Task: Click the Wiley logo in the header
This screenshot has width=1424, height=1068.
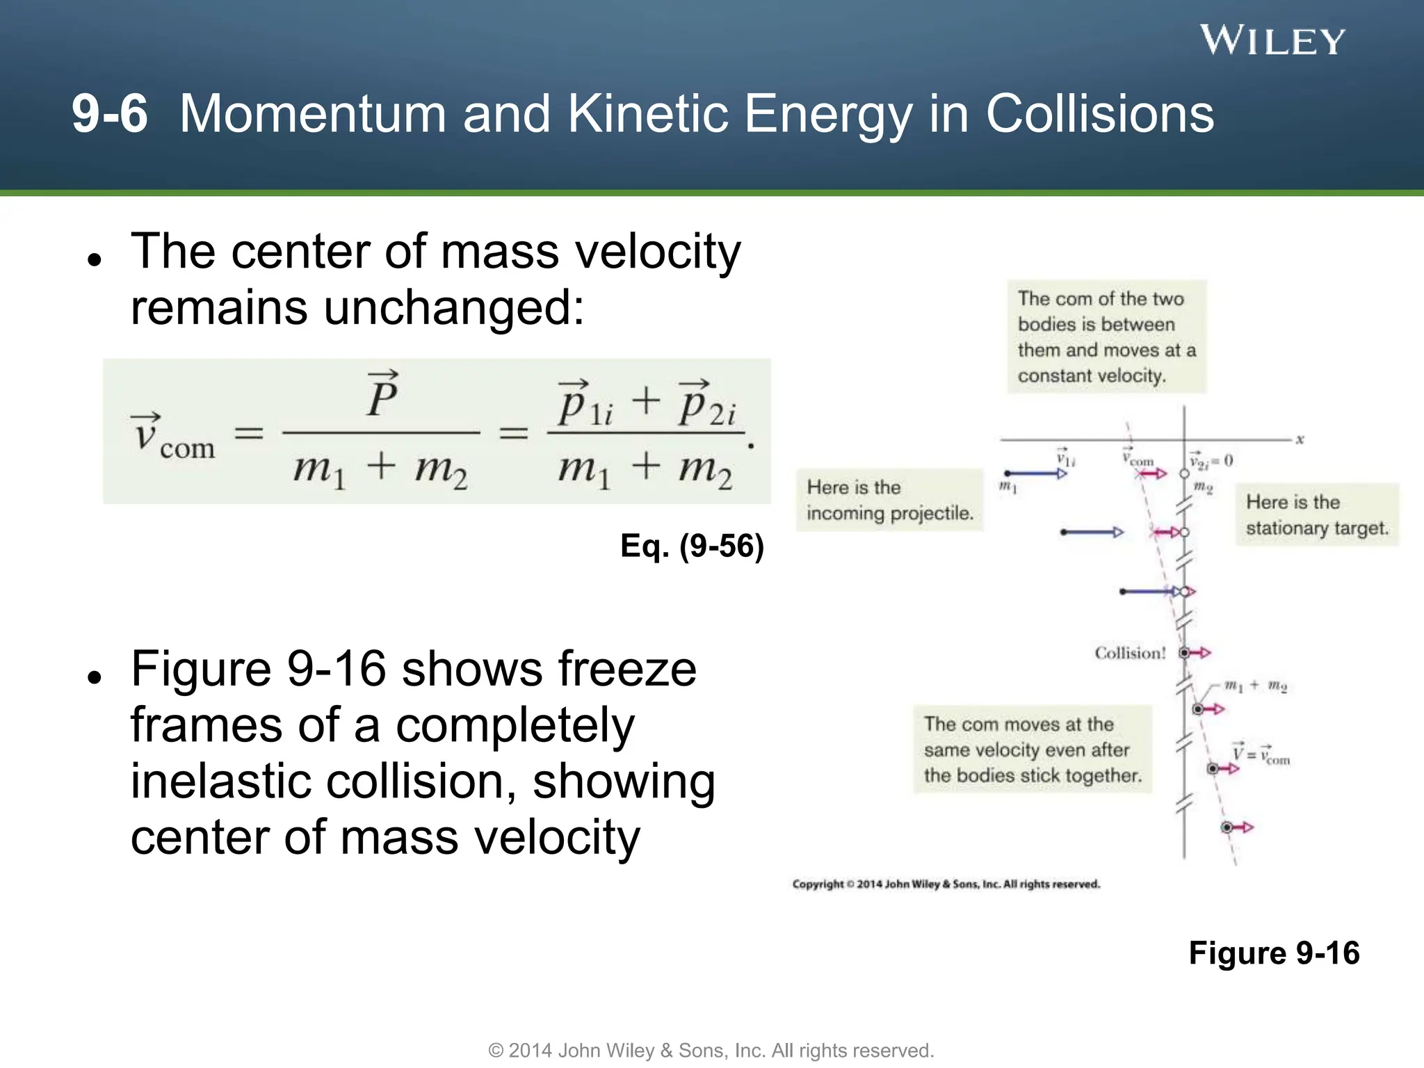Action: (1272, 40)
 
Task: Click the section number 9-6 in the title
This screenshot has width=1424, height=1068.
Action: (110, 114)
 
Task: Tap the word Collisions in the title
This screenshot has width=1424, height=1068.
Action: (1099, 114)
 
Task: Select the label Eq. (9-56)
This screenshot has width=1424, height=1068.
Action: (692, 546)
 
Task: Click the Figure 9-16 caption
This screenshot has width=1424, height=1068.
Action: (1273, 953)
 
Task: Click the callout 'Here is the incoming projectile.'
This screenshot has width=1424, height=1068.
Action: (889, 500)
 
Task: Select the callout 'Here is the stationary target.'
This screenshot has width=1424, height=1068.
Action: (1316, 515)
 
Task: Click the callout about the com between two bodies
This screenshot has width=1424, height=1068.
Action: (1106, 337)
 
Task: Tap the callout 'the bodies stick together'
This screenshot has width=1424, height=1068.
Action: (1032, 750)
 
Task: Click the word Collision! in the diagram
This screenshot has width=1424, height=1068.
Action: (1130, 653)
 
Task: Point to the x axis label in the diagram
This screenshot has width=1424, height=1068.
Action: (1300, 439)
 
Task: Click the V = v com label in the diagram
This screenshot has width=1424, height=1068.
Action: (1261, 754)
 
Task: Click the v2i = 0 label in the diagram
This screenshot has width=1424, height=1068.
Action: (1211, 461)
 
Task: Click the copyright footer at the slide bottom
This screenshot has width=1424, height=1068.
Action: (711, 1050)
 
